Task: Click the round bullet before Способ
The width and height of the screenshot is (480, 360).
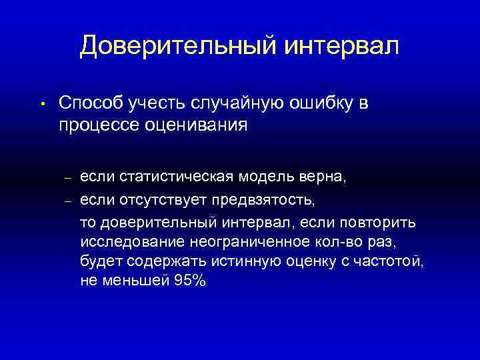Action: coord(41,104)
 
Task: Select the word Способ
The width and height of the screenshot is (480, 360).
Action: coord(89,103)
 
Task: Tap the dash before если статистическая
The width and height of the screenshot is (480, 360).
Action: coord(67,179)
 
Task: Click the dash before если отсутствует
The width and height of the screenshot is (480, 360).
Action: coord(67,199)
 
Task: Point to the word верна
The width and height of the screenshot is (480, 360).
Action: coord(323,178)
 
